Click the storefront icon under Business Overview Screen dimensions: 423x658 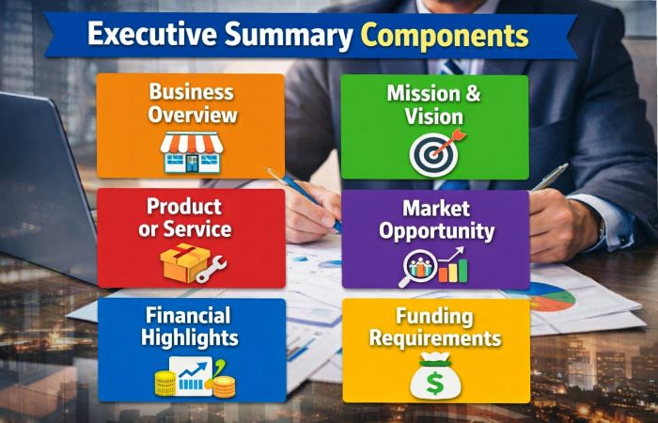click(191, 150)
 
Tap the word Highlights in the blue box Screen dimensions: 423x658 click(191, 337)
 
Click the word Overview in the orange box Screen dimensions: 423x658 click(191, 116)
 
